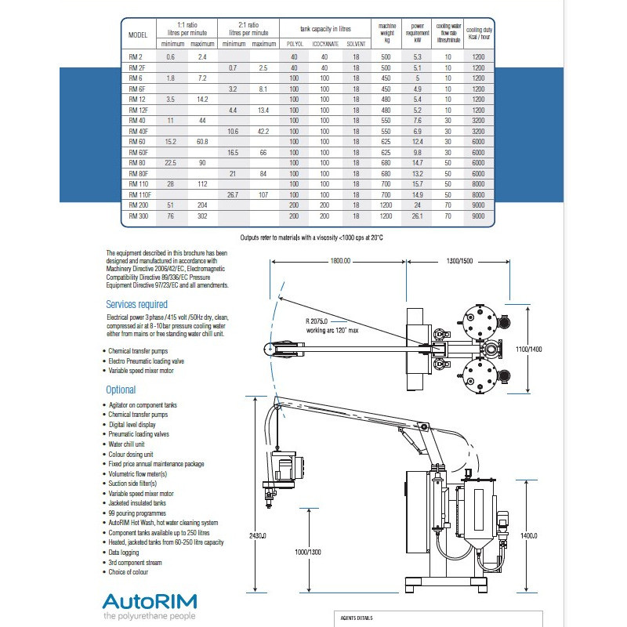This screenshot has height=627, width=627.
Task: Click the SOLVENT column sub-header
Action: tap(356, 44)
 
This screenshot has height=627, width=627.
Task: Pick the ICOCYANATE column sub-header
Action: tap(325, 44)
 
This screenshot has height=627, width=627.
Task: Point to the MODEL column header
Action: tap(137, 35)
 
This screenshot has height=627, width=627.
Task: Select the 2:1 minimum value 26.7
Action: tap(232, 193)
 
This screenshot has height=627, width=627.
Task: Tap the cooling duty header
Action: tap(479, 31)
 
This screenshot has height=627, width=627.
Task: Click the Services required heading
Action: tap(136, 304)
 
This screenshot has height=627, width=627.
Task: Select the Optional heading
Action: tap(121, 390)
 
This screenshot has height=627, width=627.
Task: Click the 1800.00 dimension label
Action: tap(340, 260)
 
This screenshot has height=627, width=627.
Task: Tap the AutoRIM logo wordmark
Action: tap(150, 602)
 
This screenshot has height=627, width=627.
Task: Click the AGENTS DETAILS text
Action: tap(357, 618)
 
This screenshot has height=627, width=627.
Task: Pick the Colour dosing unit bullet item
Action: tap(131, 454)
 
